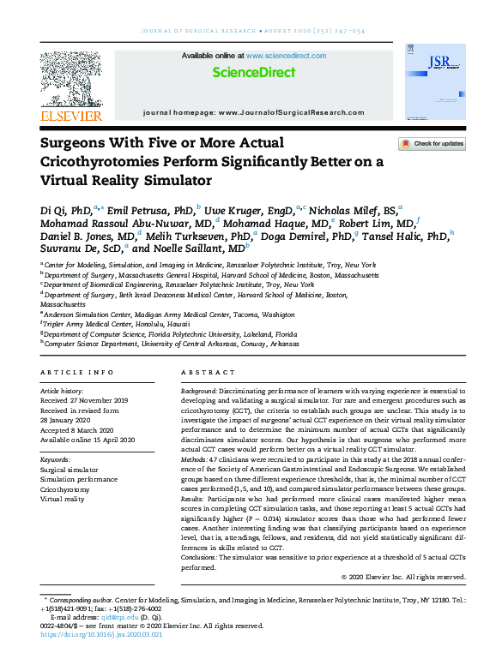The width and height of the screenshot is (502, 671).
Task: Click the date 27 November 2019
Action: (x=99, y=399)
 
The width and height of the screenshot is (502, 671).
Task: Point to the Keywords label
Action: (x=56, y=459)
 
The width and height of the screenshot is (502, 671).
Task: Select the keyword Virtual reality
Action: (x=64, y=498)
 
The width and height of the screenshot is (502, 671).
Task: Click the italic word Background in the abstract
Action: (x=198, y=389)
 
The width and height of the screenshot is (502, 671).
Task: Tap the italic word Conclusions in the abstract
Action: (x=200, y=556)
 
